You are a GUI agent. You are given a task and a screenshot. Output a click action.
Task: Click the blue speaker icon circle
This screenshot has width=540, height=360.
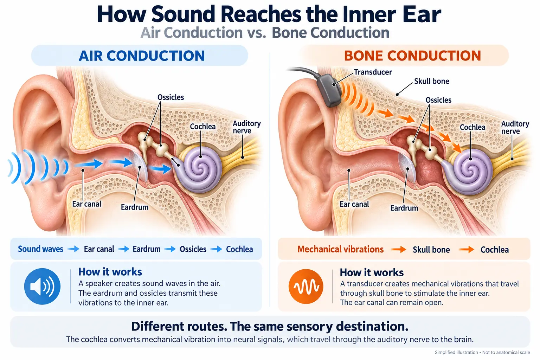pyautogui.click(x=42, y=286)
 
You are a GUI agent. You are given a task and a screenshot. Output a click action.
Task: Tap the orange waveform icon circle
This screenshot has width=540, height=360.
pyautogui.click(x=306, y=287)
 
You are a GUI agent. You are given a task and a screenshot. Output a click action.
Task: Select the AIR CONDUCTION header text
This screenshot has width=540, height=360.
pyautogui.click(x=142, y=56)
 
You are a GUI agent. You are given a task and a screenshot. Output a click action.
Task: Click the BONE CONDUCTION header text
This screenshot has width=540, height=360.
pyautogui.click(x=412, y=56)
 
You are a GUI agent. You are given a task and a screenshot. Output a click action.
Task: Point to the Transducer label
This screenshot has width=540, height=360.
pyautogui.click(x=373, y=72)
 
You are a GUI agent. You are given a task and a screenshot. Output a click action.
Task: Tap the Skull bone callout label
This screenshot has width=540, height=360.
pyautogui.click(x=431, y=81)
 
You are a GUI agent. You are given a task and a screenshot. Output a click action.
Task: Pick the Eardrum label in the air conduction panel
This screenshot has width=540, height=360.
pyautogui.click(x=135, y=207)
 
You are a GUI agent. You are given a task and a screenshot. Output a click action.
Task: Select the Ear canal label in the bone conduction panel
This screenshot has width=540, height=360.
pyautogui.click(x=354, y=204)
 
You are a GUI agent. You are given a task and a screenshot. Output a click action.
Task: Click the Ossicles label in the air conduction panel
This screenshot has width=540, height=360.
pyautogui.click(x=171, y=97)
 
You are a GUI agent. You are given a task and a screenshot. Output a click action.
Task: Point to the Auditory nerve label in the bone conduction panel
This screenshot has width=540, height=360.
pyautogui.click(x=515, y=127)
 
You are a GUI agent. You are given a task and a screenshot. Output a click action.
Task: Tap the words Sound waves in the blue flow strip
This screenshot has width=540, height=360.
pyautogui.click(x=40, y=249)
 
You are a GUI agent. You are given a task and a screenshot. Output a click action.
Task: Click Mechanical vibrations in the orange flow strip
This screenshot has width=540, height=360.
pyautogui.click(x=340, y=249)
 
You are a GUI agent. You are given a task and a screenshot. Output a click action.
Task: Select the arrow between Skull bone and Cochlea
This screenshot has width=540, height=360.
pyautogui.click(x=467, y=250)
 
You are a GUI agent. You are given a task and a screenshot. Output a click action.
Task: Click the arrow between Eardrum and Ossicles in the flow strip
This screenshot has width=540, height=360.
pyautogui.click(x=170, y=249)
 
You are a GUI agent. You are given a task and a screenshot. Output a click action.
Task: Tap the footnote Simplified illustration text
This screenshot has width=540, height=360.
pyautogui.click(x=456, y=352)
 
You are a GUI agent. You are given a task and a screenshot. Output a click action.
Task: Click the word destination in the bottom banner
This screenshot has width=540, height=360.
pyautogui.click(x=372, y=326)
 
